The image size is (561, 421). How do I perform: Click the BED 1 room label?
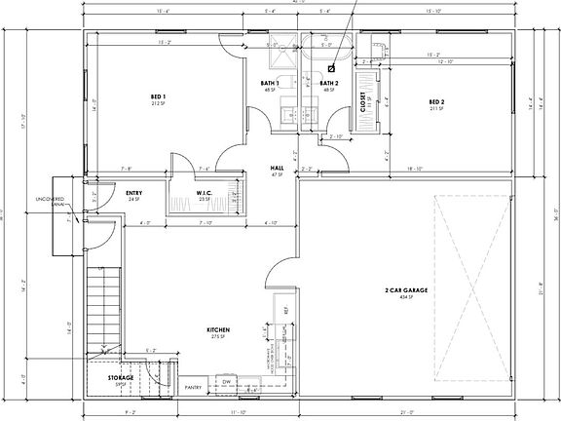158,96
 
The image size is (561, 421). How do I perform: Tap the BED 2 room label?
436,102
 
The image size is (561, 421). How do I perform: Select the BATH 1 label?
270,84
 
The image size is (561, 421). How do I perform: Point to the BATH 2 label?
328,84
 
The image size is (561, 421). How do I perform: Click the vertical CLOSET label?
363,103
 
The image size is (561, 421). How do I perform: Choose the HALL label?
277,168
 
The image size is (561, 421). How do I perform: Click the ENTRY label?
134,193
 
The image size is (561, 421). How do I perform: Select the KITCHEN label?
216,330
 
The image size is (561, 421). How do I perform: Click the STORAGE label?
121,377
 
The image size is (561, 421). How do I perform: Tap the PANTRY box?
193,387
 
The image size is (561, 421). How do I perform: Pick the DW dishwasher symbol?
226,382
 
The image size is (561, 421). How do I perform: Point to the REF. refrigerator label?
285,311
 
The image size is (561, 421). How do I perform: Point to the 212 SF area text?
158,103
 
